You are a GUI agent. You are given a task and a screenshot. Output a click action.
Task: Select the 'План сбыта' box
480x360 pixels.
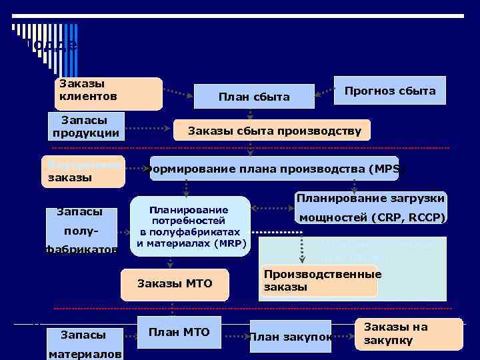tap(254, 97)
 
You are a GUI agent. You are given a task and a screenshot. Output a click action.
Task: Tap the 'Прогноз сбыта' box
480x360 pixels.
tap(390, 91)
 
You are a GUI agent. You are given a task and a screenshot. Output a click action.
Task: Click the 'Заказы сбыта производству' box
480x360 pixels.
tap(274, 131)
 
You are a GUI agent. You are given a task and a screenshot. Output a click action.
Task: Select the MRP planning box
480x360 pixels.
tap(191, 226)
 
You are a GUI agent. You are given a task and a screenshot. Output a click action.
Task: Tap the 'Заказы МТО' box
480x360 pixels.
tap(175, 284)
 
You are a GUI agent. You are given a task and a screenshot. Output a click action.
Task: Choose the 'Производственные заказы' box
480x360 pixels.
tap(319, 281)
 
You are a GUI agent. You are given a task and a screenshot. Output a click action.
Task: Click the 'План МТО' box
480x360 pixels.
tap(178, 333)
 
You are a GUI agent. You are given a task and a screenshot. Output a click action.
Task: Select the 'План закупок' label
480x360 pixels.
tap(290, 337)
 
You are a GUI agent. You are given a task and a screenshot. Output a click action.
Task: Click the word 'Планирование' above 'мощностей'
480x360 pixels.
tap(371, 198)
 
